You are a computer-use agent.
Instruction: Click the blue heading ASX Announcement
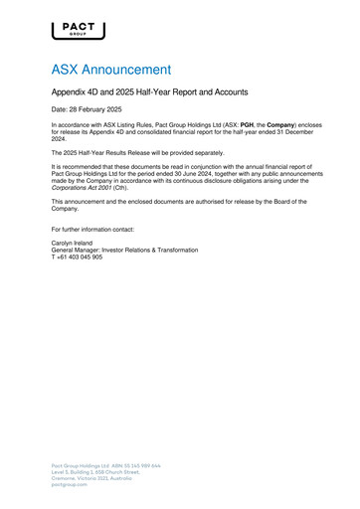tap(111, 71)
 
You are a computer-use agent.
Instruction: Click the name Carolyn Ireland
tap(73, 244)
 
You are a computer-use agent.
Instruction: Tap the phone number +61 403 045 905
tap(80, 257)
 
